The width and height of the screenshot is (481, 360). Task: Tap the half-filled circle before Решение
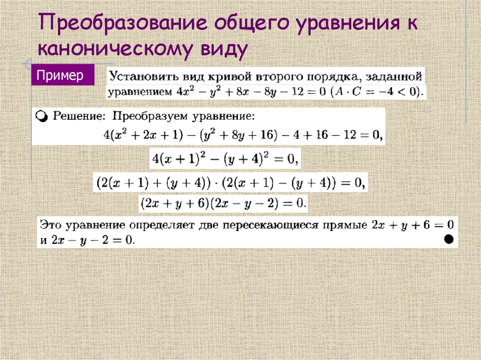(x=42, y=116)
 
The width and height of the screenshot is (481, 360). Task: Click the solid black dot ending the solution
(x=448, y=239)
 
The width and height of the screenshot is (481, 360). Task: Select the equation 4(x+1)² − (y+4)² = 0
(x=224, y=160)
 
